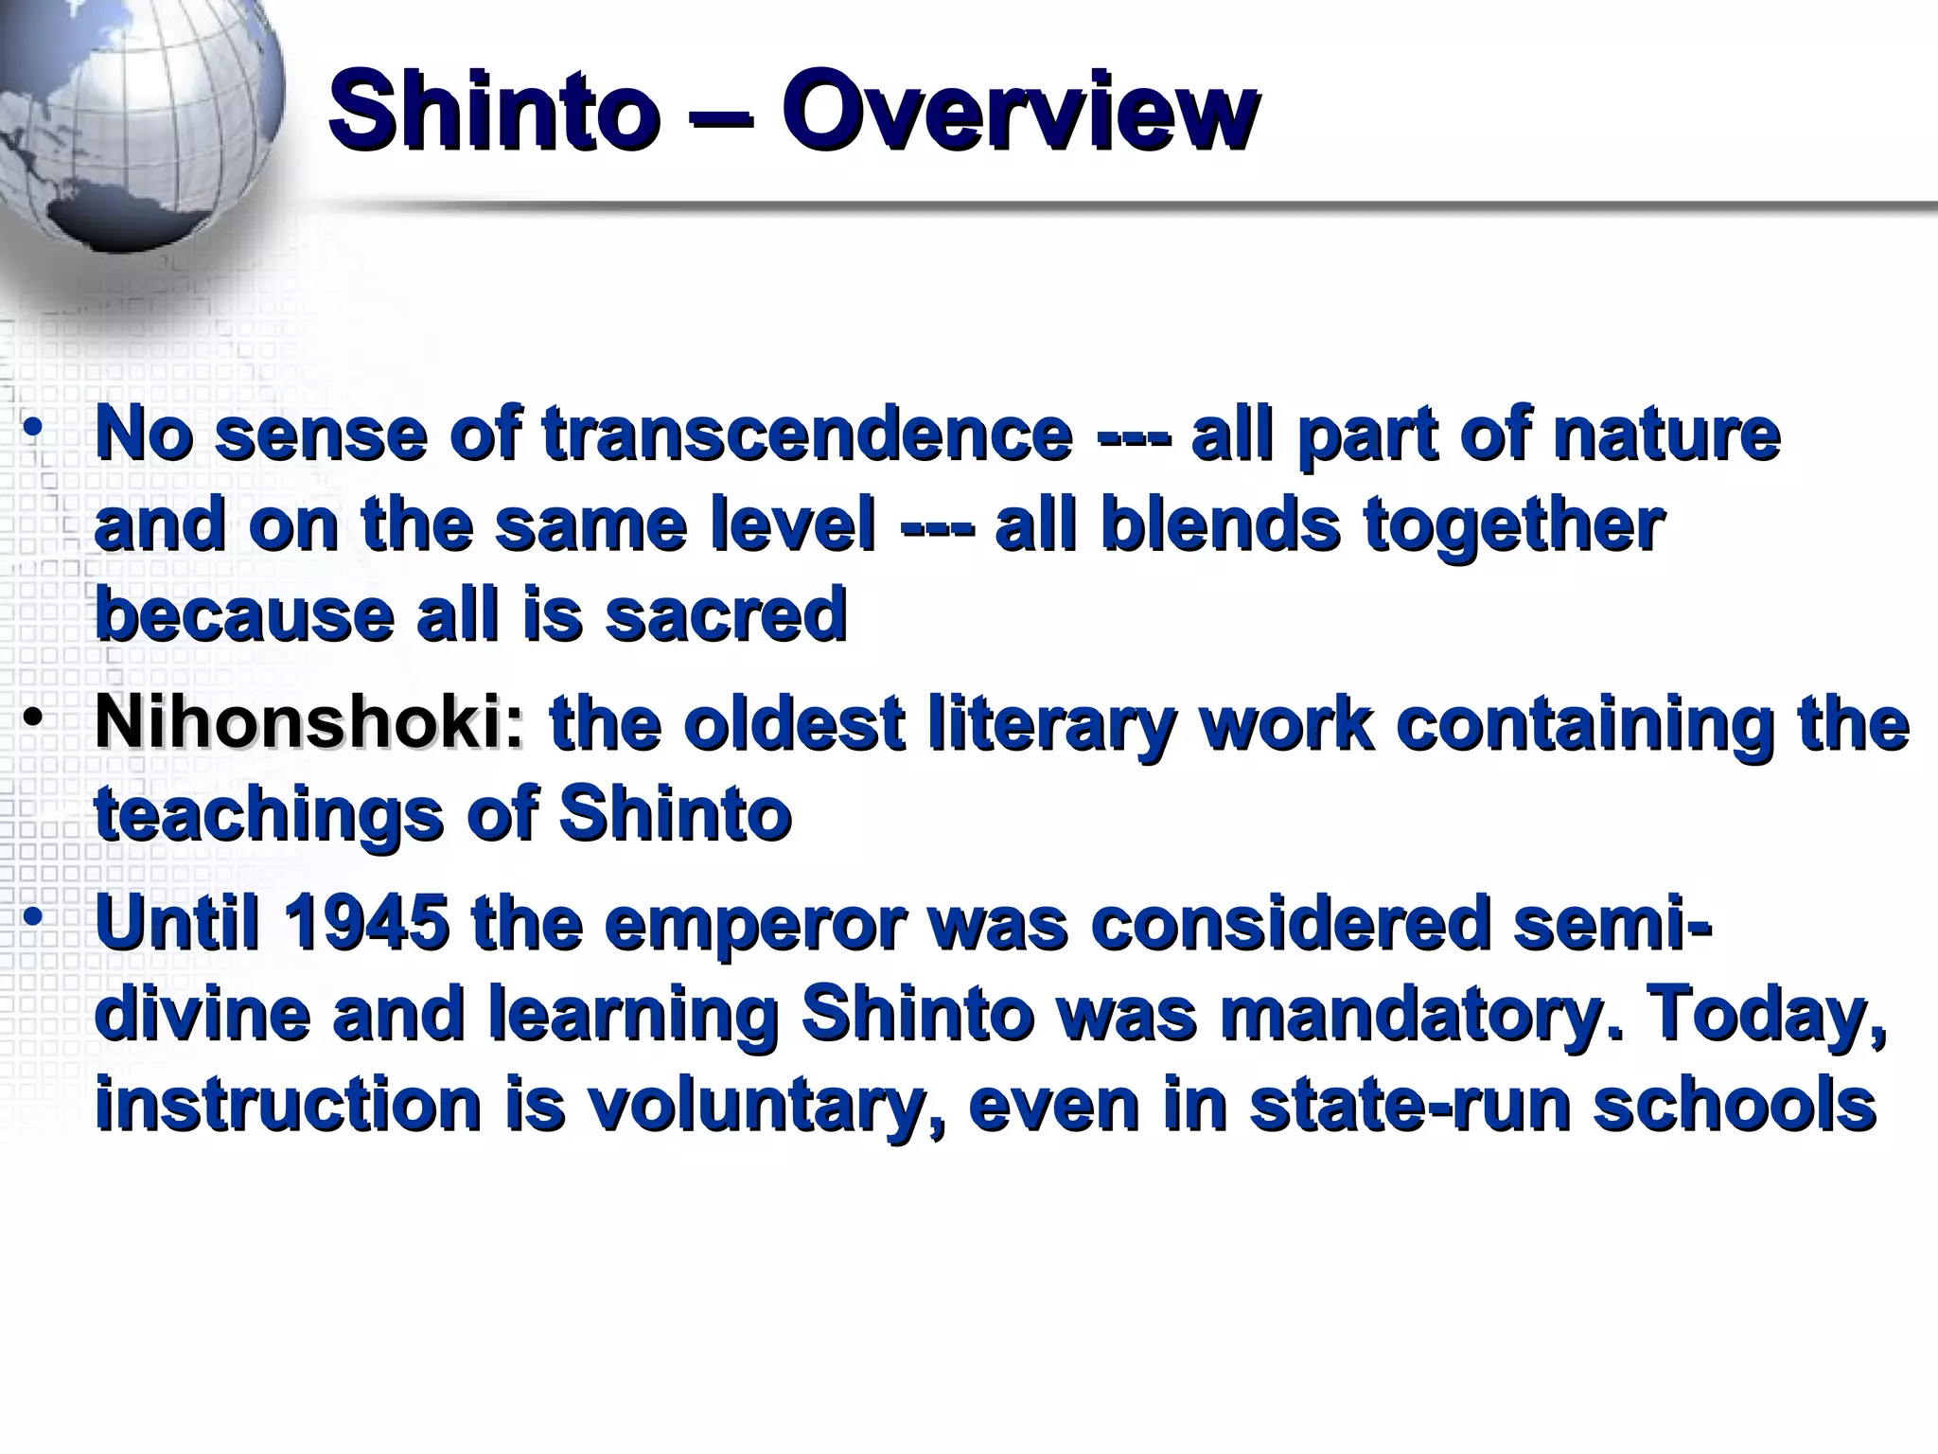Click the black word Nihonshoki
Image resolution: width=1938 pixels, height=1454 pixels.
308,724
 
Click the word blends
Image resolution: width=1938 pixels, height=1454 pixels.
1220,524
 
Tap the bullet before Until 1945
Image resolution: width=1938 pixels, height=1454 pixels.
34,916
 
